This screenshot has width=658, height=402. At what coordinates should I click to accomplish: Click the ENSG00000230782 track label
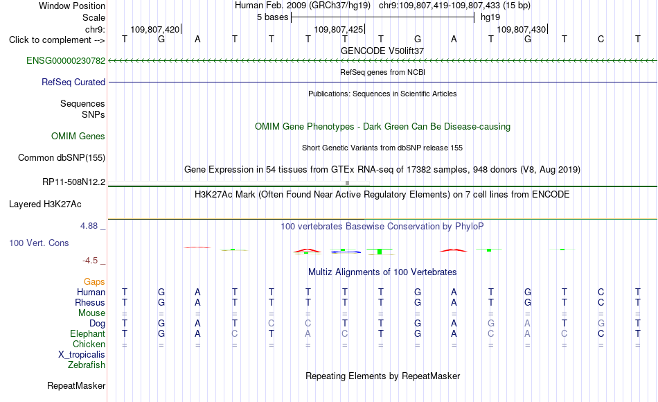[66, 60]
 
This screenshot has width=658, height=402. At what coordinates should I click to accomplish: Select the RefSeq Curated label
[73, 82]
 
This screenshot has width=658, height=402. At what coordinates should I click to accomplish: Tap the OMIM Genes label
[78, 136]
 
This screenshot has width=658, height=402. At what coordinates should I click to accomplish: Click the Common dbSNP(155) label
[62, 157]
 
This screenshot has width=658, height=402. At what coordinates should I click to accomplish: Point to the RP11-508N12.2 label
[74, 182]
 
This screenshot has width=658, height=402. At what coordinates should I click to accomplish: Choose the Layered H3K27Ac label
[45, 204]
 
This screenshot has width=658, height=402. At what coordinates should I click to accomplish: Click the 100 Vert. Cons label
[39, 243]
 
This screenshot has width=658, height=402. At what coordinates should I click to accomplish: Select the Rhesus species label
[90, 302]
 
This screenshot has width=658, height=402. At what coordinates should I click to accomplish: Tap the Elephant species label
[88, 333]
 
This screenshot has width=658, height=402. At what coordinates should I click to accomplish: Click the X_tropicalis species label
[82, 354]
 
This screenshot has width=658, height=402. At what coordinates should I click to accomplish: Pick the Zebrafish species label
[87, 365]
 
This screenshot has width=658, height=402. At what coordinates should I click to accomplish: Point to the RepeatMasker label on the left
[76, 385]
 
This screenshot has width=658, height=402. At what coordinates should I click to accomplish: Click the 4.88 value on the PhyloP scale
[89, 225]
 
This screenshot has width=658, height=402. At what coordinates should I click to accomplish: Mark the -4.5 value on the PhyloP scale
[90, 261]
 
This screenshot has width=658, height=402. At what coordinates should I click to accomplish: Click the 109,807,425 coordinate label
[338, 29]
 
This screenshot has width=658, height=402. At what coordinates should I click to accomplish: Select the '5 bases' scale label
[273, 17]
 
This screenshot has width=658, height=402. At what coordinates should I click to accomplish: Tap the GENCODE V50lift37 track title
[382, 51]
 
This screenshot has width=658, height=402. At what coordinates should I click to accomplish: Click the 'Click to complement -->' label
[57, 40]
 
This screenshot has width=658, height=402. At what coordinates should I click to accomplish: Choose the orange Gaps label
[94, 281]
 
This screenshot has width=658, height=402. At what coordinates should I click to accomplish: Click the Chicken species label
[89, 344]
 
